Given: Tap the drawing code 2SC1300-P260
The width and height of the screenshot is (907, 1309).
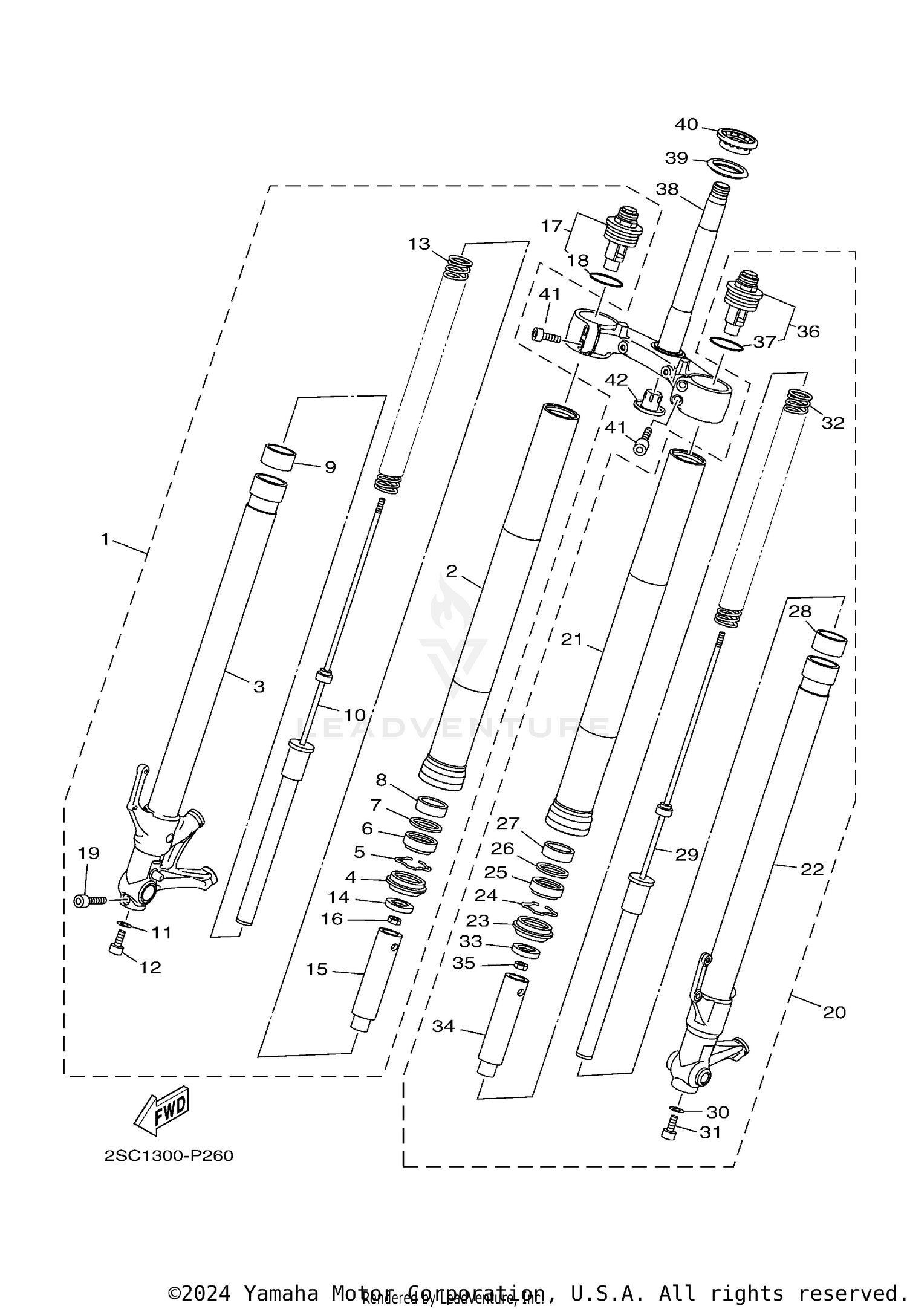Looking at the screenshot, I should coord(169,1156).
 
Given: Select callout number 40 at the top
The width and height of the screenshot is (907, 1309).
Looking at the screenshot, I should coord(686,125).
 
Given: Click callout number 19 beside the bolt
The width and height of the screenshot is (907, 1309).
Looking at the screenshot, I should coord(88,853).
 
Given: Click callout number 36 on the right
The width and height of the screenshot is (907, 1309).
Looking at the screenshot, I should coord(808,331).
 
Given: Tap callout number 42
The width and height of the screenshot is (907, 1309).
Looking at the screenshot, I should coord(616,380).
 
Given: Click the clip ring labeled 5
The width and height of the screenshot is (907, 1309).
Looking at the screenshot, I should coord(412,863).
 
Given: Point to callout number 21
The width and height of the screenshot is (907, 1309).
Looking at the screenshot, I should coord(571,639).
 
